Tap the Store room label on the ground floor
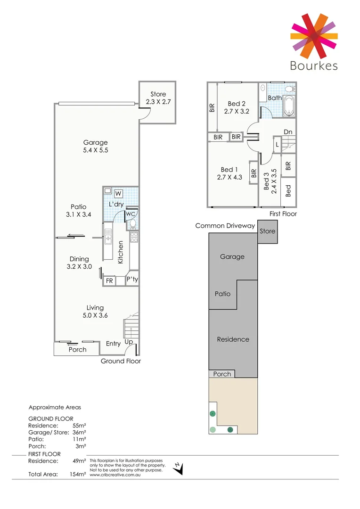158,94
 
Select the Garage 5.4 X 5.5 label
95,146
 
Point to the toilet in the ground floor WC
132,224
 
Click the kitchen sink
108,236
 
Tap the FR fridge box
109,281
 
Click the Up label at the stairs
128,342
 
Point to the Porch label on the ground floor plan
77,349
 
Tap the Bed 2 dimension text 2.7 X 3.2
237,112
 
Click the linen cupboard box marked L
277,144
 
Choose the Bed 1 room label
229,170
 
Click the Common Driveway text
225,226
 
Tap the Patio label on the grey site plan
222,294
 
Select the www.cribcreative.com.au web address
115,475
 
